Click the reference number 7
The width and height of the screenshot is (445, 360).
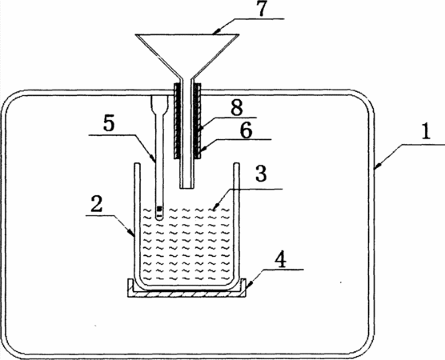(262, 9)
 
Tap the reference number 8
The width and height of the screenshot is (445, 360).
(237, 107)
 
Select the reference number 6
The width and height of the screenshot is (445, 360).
(246, 130)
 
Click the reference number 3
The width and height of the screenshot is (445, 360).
(261, 174)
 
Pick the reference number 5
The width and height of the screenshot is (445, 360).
(109, 124)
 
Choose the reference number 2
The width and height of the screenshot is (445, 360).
(97, 205)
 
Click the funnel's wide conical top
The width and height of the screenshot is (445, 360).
(187, 54)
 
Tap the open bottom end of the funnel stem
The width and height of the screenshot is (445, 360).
(187, 187)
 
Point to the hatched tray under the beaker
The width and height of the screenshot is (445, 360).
(186, 293)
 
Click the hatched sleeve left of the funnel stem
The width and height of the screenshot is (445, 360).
(177, 121)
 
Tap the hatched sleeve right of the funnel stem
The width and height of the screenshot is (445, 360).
(197, 121)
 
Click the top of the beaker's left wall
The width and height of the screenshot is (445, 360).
(137, 164)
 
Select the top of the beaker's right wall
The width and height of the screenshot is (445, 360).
(236, 164)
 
